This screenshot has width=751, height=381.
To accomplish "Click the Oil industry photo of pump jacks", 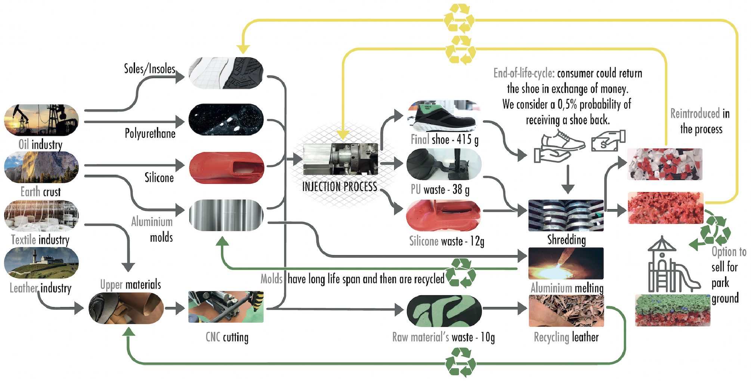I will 41,120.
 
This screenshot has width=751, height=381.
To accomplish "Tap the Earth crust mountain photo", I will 41,167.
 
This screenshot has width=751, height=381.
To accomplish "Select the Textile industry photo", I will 41,216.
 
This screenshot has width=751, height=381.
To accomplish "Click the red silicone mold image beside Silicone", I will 226,168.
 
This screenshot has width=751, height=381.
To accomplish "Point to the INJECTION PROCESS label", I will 339,186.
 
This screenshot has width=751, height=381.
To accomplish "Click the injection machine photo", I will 340,159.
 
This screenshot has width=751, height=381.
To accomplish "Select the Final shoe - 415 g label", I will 444,140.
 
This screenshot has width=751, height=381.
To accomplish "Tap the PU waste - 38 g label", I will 440,190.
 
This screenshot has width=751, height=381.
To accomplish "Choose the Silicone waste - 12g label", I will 446,241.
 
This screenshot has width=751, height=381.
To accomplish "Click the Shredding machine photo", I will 566,216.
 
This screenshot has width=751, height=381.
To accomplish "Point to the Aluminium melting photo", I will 566,263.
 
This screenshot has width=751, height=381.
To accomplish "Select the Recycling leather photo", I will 566,310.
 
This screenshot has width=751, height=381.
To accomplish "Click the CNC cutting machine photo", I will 226,307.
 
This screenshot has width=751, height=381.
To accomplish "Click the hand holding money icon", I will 608,141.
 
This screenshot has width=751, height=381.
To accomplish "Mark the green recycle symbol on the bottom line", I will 461,362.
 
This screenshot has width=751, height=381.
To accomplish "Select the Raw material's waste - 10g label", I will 444,337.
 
